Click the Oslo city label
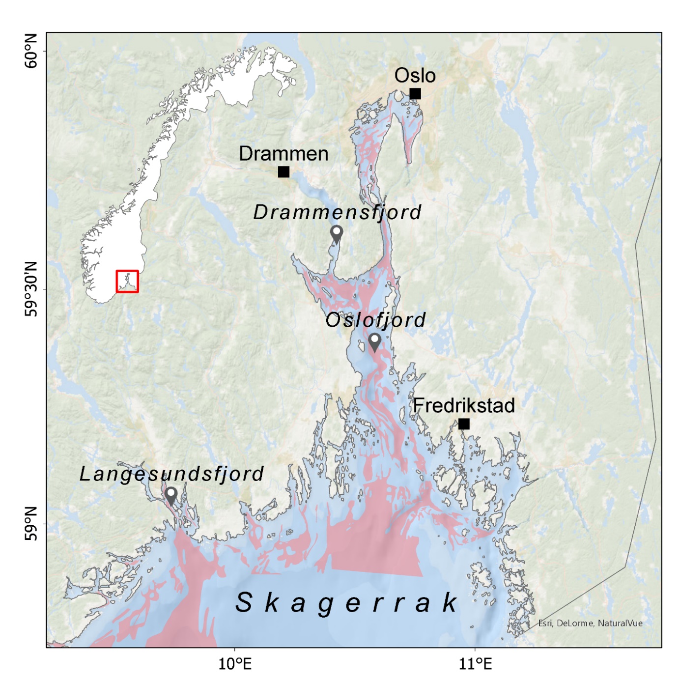coord(415,76)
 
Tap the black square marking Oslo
coord(415,94)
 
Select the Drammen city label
coord(283,154)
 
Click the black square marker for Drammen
coord(283,172)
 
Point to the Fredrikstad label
coord(464,406)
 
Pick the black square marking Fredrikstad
coord(464,424)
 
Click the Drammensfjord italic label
coord(337,212)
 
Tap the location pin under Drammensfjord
coord(337,234)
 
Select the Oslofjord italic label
coord(375,320)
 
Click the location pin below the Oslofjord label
coord(375,341)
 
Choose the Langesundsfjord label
coord(171,474)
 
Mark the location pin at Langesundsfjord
coord(171,495)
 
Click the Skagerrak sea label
coord(346,602)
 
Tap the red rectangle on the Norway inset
coord(127,282)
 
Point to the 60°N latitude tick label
coord(31,51)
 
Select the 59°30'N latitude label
coord(31,289)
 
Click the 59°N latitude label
coord(31,524)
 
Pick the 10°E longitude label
coord(235,664)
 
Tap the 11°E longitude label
coord(475,664)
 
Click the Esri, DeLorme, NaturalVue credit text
coord(590,623)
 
